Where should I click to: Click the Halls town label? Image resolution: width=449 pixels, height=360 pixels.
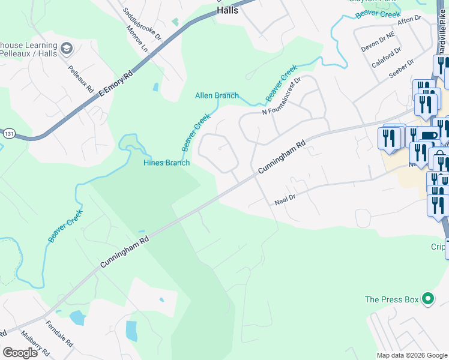[228, 10]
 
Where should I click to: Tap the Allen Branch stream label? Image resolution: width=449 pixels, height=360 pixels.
[217, 95]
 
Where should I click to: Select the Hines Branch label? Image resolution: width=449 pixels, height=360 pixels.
[166, 163]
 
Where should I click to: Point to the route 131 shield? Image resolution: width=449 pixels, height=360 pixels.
[7, 131]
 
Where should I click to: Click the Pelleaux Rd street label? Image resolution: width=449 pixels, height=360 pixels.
[81, 79]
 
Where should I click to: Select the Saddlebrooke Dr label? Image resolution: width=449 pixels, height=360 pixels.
[142, 23]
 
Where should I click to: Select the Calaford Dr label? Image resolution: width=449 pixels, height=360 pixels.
[387, 58]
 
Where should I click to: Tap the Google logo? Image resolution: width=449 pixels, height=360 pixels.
[20, 352]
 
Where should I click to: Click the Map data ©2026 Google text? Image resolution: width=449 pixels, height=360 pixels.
[412, 355]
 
